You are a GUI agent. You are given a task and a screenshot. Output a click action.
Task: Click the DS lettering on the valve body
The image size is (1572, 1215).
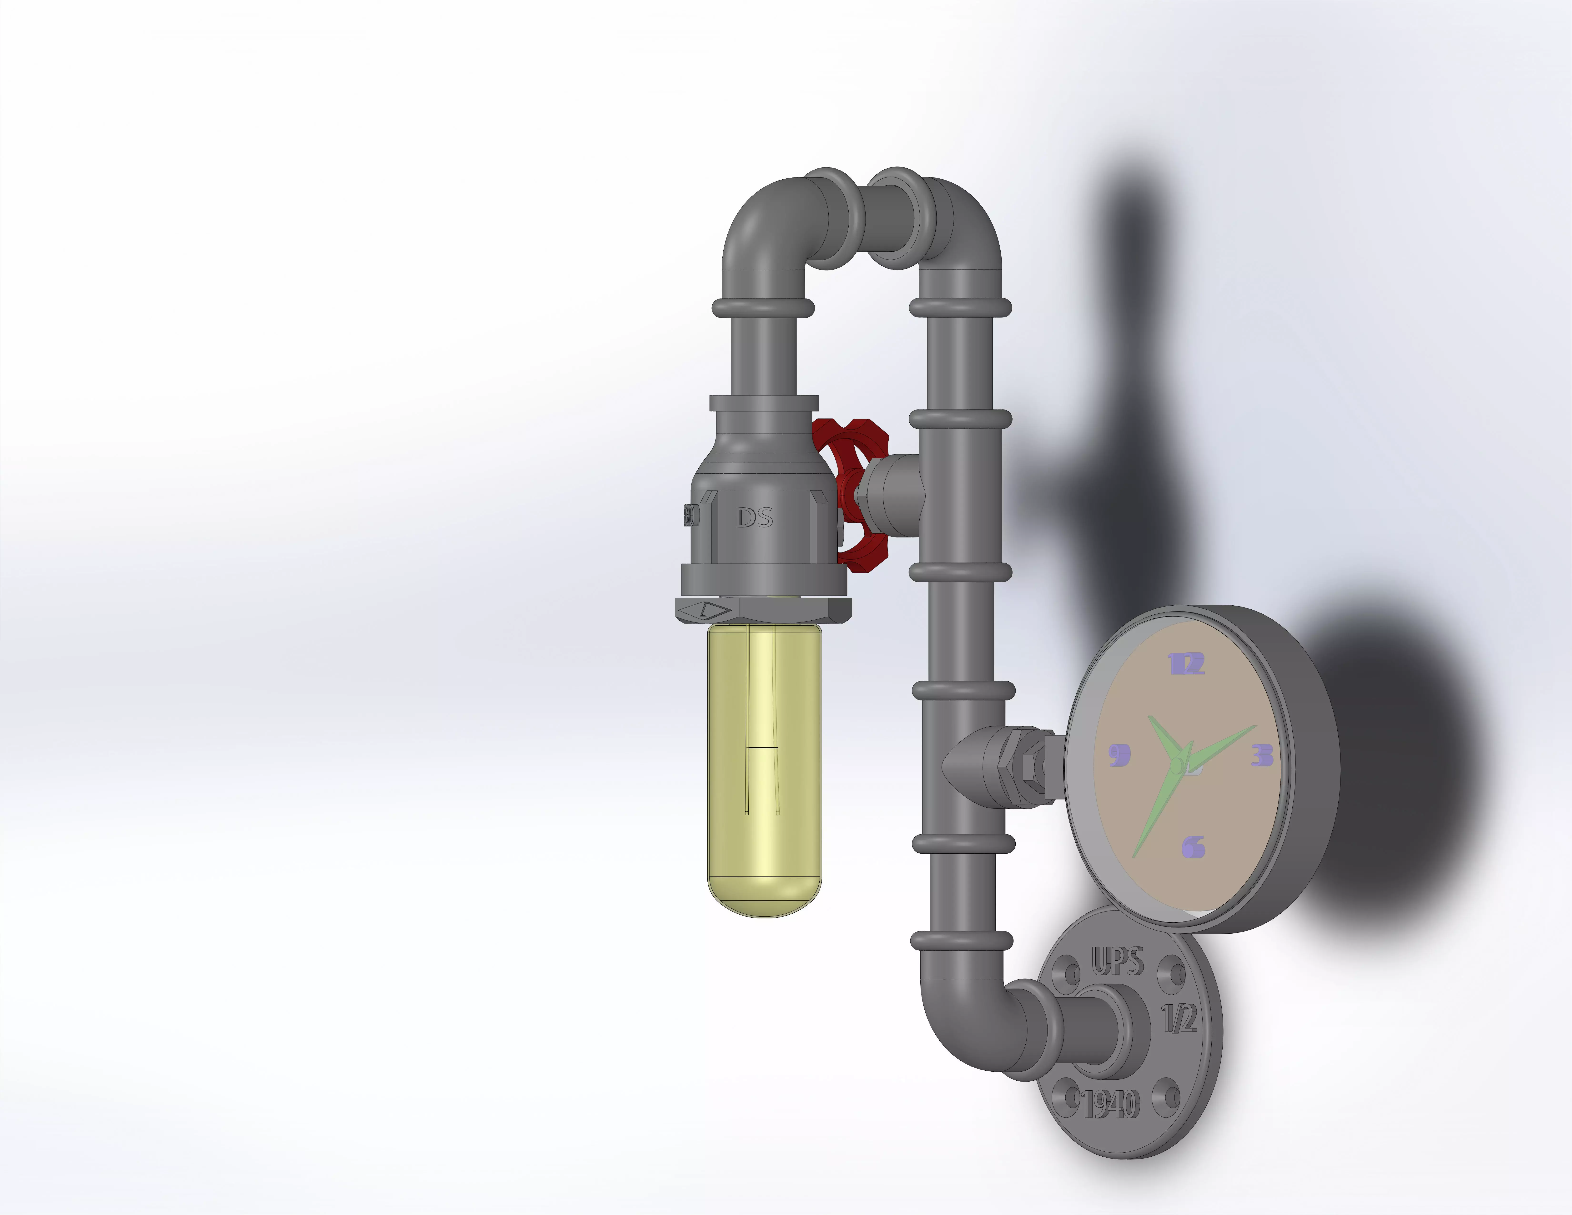pos(754,517)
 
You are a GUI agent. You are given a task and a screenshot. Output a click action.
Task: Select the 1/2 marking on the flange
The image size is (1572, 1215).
pos(1179,1018)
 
